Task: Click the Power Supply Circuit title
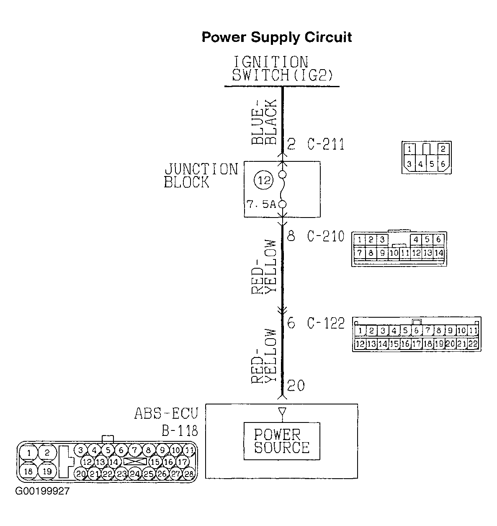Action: (x=276, y=37)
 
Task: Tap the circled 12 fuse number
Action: (x=264, y=180)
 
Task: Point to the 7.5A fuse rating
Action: (x=261, y=205)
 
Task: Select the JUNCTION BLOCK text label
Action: (x=201, y=176)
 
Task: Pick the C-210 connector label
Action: (x=326, y=236)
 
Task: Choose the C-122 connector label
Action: (x=326, y=323)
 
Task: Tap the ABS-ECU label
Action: (x=166, y=413)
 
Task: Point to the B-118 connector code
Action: (x=180, y=431)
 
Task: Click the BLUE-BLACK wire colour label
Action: (x=264, y=122)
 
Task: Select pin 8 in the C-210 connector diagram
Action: (x=371, y=253)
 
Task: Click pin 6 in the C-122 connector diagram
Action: (x=416, y=331)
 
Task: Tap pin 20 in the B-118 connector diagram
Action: (x=81, y=474)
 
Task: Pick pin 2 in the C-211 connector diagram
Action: (x=443, y=149)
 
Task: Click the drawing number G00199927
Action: (x=42, y=491)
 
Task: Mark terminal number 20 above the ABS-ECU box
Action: (x=296, y=386)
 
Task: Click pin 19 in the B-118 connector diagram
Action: (x=47, y=471)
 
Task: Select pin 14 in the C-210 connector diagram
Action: (x=439, y=253)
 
